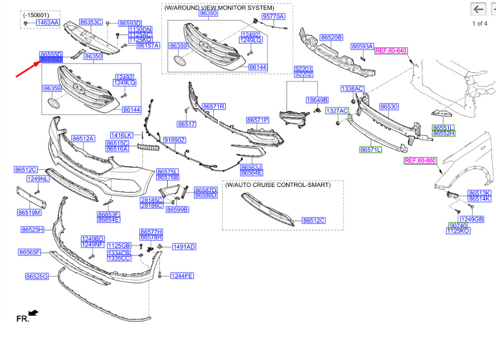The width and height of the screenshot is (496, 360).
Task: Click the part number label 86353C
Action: tap(91, 22)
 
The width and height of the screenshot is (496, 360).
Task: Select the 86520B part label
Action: tap(331, 37)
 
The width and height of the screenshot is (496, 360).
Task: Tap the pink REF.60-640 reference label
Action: tap(391, 51)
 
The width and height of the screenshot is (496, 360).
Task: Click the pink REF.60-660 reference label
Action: tap(420, 160)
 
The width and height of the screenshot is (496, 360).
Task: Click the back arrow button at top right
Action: tap(478, 9)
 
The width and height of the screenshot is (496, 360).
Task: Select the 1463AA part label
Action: tap(47, 22)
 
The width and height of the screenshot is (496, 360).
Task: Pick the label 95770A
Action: tap(273, 17)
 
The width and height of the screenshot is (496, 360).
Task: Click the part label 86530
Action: tap(389, 106)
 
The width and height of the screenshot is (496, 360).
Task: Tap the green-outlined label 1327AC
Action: tap(337, 111)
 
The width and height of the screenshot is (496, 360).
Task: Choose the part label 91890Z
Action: tap(175, 140)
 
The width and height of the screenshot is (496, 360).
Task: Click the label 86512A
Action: tap(83, 138)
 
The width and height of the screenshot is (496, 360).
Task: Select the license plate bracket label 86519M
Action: tap(29, 212)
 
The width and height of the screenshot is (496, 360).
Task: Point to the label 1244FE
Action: tap(182, 275)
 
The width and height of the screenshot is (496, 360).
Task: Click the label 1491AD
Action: tap(184, 246)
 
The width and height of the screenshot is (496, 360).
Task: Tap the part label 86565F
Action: tap(30, 252)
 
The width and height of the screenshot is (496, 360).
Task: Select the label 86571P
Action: tap(258, 120)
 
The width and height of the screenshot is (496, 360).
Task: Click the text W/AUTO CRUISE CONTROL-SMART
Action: tap(278, 185)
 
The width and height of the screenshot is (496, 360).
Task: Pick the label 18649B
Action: tap(317, 100)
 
